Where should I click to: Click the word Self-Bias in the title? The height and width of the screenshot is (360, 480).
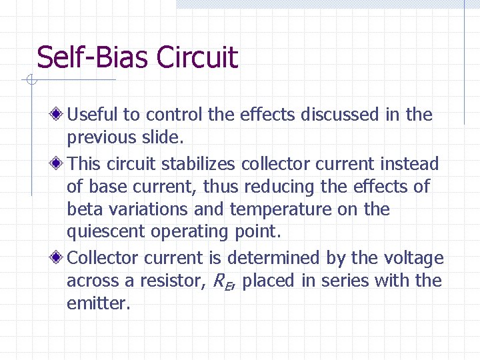pos(93,57)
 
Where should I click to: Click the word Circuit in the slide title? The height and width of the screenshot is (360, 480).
pos(197,57)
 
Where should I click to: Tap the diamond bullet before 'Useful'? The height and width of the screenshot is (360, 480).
pos(59,115)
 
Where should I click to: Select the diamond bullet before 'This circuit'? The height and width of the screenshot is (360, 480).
pos(59,163)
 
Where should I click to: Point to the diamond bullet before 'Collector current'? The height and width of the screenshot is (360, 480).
pos(59,257)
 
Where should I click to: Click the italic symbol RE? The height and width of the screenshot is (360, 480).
pos(221,281)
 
